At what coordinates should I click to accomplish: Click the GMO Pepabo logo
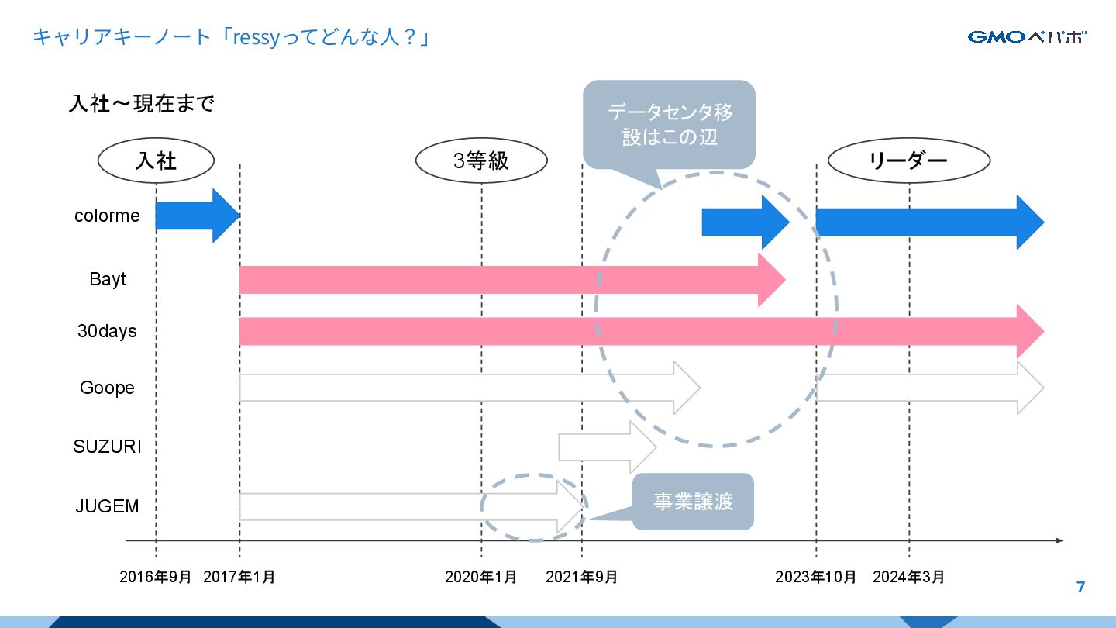click(x=1026, y=36)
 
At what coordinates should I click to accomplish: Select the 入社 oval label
click(x=156, y=160)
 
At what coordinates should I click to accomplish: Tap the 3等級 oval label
click(x=481, y=160)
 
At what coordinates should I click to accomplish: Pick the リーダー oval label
click(x=908, y=161)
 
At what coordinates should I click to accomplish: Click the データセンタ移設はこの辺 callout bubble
click(x=669, y=125)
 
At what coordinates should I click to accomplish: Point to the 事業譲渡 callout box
click(x=693, y=502)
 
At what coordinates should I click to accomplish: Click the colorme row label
click(x=107, y=216)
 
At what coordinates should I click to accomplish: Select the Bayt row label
click(x=108, y=279)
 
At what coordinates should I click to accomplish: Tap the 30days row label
click(x=107, y=331)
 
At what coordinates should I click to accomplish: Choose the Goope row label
click(x=107, y=388)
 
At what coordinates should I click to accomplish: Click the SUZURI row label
click(x=107, y=447)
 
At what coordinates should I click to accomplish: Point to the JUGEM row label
click(x=107, y=506)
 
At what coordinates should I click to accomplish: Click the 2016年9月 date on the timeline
click(x=155, y=577)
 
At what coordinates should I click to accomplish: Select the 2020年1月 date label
click(x=480, y=577)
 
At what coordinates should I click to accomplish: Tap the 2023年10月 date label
click(x=816, y=577)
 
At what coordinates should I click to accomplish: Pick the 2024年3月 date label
click(x=908, y=577)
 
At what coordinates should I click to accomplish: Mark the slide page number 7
click(x=1081, y=587)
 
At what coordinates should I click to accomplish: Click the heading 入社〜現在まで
click(x=141, y=104)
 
